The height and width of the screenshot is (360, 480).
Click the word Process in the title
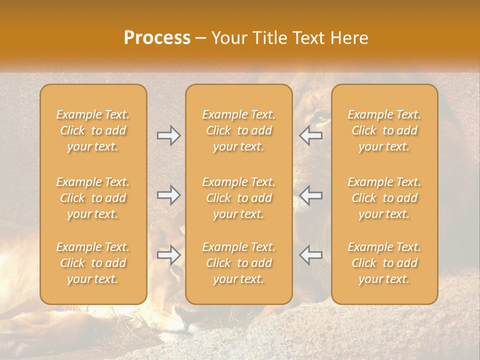(x=157, y=37)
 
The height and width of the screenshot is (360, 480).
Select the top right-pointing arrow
(x=168, y=135)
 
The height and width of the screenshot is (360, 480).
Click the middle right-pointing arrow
(x=168, y=195)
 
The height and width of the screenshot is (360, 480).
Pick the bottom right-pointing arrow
(x=168, y=255)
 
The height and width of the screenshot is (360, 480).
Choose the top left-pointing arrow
(x=311, y=135)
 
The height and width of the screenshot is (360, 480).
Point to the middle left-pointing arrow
(x=311, y=195)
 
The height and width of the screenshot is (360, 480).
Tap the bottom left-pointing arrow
(x=311, y=255)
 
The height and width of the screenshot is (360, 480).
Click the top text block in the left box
(x=93, y=130)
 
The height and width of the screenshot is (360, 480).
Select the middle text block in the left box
(x=93, y=198)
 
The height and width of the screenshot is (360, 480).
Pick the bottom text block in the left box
(x=93, y=263)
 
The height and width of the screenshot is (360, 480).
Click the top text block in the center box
(x=239, y=130)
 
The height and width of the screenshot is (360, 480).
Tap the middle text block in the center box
(x=239, y=198)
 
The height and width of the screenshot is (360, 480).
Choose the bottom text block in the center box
(x=239, y=263)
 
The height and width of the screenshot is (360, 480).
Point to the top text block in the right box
(x=384, y=130)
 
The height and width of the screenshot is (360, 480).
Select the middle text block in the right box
(x=384, y=198)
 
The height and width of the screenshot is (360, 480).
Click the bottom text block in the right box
(x=384, y=263)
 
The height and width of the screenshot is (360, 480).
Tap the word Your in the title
(x=229, y=37)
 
